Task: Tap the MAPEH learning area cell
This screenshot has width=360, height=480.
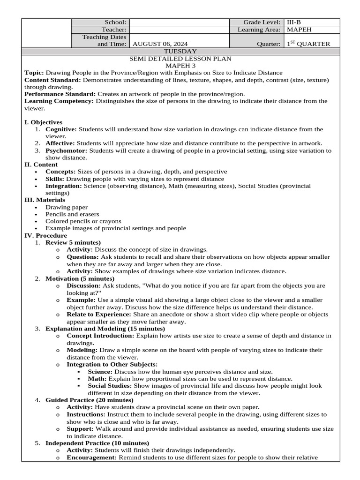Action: pos(299,29)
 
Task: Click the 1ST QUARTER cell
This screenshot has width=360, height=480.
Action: pos(308,44)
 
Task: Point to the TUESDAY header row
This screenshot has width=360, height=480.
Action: pos(180,51)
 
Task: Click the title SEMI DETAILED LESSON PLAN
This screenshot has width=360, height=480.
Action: pos(180,59)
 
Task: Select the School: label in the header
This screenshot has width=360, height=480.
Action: pos(116,22)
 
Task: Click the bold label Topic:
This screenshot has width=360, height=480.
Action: pos(34,73)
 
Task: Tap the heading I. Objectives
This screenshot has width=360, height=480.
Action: pos(43,122)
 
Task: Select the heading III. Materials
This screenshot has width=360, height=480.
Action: pos(45,200)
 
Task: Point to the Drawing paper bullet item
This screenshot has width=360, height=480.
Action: pos(66,207)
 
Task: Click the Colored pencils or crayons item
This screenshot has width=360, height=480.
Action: pos(83,221)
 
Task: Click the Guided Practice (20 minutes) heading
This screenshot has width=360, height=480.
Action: pos(89,400)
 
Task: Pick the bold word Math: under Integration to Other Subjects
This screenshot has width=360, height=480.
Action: pos(97,378)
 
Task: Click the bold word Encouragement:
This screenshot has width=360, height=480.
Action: pos(91,457)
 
